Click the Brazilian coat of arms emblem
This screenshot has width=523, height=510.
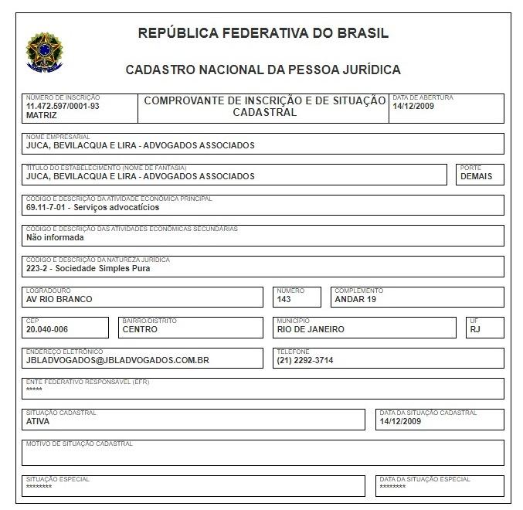click(44, 51)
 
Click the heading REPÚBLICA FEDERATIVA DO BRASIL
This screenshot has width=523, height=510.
click(263, 33)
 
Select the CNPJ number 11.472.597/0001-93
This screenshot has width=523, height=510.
click(63, 106)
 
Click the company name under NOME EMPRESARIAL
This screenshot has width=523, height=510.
click(140, 145)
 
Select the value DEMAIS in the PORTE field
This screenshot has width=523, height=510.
click(476, 176)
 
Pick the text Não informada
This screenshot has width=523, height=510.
click(55, 238)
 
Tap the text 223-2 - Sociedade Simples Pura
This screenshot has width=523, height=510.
click(88, 269)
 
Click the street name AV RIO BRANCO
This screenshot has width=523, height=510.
click(59, 299)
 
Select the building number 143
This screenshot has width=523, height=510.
click(284, 299)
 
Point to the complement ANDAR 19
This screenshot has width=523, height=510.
click(355, 299)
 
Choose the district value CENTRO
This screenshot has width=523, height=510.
click(140, 329)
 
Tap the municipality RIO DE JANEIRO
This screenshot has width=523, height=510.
click(311, 329)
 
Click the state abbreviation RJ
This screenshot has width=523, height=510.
click(475, 329)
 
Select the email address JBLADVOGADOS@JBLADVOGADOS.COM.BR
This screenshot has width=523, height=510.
click(117, 360)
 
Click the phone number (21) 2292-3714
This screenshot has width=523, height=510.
click(305, 360)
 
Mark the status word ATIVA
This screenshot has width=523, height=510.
click(38, 422)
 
